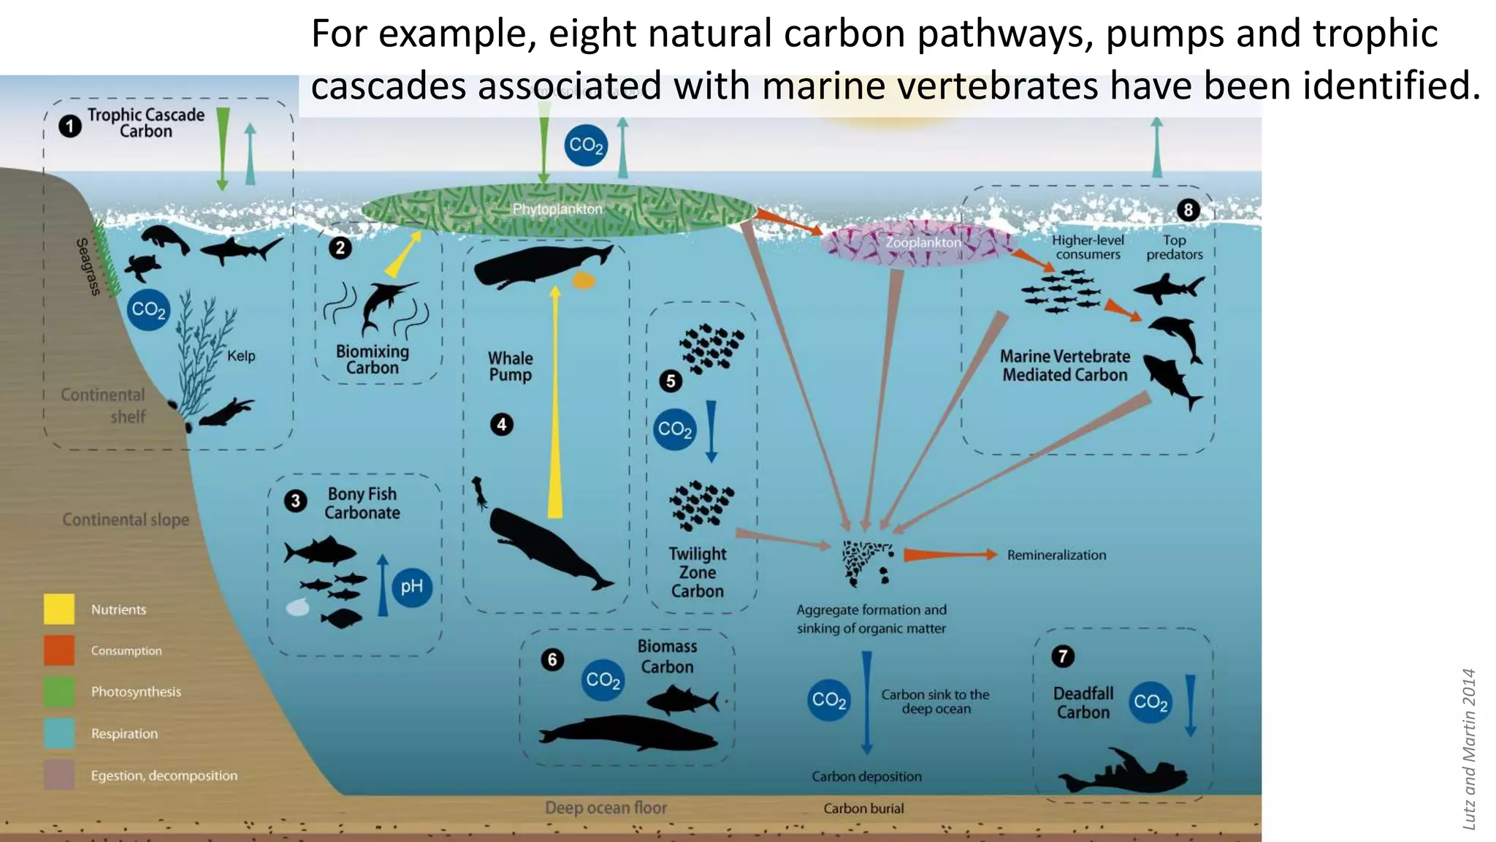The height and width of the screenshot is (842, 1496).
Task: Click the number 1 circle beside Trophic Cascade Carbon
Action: (x=70, y=126)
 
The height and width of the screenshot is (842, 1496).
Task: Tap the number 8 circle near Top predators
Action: (x=1188, y=210)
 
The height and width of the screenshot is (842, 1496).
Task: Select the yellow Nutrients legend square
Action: (x=59, y=609)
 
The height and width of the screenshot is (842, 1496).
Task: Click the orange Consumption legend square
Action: (x=59, y=650)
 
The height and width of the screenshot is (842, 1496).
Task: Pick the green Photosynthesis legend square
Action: (x=59, y=691)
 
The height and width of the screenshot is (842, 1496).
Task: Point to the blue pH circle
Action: (x=412, y=586)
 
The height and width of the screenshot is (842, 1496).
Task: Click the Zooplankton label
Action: (x=923, y=242)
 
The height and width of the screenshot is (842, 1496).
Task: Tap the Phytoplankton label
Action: (x=557, y=209)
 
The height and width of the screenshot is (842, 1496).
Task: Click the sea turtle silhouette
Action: (x=142, y=268)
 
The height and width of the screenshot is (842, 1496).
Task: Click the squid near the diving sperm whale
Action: (x=480, y=492)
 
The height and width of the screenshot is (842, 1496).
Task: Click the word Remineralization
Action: (x=1056, y=555)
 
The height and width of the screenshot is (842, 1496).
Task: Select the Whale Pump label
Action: (x=511, y=366)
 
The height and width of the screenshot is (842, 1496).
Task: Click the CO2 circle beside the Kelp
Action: (x=148, y=310)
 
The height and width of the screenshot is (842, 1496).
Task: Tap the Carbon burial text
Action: (x=863, y=808)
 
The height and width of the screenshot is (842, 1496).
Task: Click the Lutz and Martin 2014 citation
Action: (x=1469, y=749)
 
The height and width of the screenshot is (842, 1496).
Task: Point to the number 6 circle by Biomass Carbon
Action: (x=552, y=660)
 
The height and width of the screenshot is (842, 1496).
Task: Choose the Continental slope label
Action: (x=126, y=520)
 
